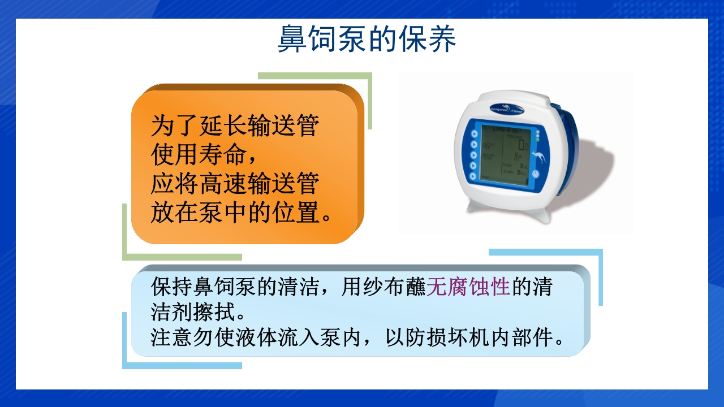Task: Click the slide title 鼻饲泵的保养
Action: point(367,39)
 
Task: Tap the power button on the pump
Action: point(535,174)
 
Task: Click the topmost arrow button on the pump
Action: point(474,134)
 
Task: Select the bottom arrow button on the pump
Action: point(473,176)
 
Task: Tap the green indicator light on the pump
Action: point(537,139)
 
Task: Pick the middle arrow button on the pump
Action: point(473,154)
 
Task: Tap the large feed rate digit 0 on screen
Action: point(521,146)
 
